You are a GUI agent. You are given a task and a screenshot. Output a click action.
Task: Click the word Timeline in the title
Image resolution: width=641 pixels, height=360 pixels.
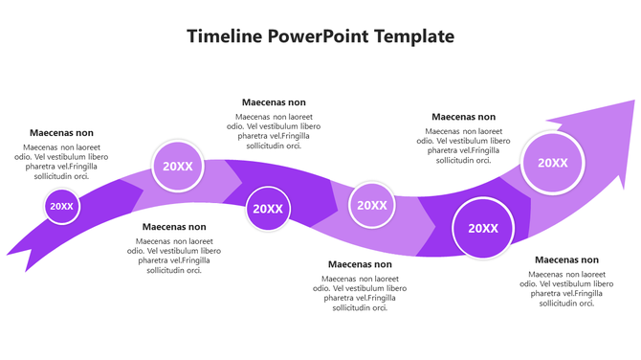point(225,37)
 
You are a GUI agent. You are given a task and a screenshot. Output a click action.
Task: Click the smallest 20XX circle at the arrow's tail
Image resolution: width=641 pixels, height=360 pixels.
point(61,206)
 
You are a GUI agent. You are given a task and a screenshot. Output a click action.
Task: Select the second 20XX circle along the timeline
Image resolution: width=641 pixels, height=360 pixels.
point(178,166)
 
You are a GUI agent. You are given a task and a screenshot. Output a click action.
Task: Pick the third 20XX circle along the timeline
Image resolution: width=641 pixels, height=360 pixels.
point(268,209)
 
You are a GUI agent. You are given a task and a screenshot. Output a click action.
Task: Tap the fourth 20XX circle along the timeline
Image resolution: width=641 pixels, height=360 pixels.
point(371,205)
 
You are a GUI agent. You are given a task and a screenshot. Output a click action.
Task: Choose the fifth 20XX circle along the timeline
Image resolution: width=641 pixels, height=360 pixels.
point(483,228)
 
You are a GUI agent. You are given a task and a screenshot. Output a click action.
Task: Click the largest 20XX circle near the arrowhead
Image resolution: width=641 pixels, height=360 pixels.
point(553,163)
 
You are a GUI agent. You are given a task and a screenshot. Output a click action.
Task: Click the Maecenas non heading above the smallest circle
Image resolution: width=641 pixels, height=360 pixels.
point(61,133)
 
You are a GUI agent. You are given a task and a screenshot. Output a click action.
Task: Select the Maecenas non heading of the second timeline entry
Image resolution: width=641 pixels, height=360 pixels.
point(174,227)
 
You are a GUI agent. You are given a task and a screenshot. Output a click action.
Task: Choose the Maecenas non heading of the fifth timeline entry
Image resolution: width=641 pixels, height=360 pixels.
point(463,117)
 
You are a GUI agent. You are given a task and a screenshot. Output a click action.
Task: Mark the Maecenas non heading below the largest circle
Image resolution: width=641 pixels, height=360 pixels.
point(566,259)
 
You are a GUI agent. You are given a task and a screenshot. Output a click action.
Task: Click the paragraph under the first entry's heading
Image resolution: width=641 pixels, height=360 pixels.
point(61,162)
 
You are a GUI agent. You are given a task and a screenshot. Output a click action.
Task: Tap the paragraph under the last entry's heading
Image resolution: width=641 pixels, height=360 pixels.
point(566,288)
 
